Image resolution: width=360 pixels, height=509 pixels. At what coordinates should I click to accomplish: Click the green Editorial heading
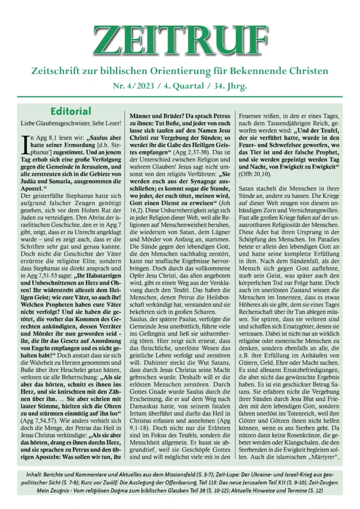coord(71,111)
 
